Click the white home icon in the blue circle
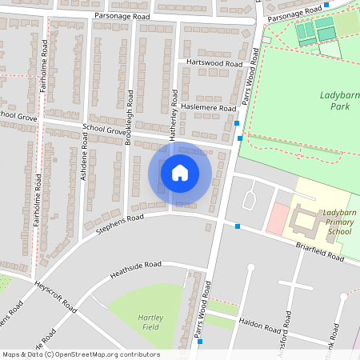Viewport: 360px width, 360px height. tap(180, 172)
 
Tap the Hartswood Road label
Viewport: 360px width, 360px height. tap(214, 62)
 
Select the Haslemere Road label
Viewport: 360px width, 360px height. tap(208, 106)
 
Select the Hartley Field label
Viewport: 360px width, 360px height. tap(150, 322)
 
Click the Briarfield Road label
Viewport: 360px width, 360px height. tap(318, 252)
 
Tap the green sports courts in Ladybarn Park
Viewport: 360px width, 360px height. tap(314, 33)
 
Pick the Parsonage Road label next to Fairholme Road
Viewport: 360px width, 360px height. tap(121, 15)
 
